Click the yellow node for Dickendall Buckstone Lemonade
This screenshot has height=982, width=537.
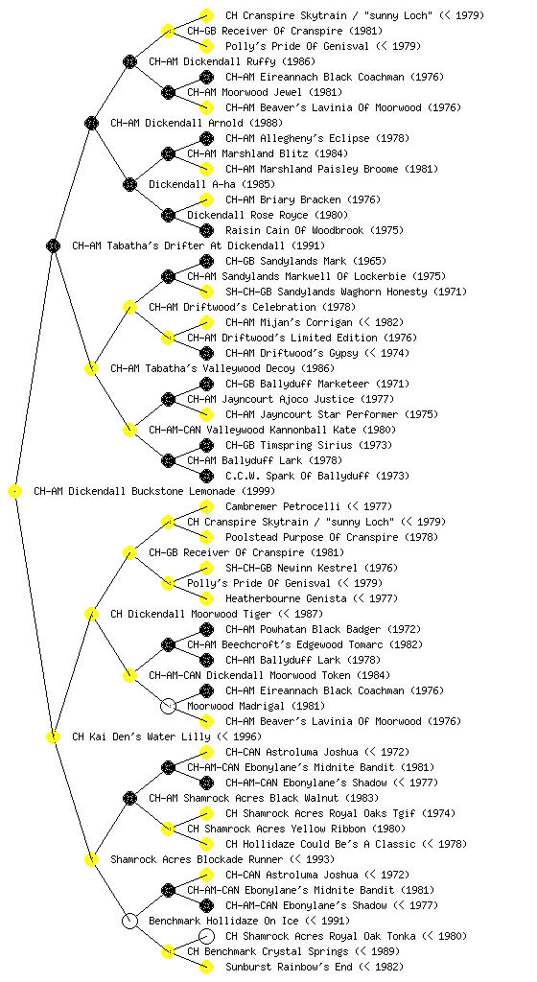(x=15, y=491)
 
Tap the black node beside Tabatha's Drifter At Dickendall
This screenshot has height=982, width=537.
(x=53, y=245)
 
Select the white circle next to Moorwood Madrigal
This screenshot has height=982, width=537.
(x=168, y=706)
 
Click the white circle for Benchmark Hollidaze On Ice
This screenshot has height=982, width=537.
(x=129, y=921)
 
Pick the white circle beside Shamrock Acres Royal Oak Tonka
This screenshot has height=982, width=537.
(x=206, y=936)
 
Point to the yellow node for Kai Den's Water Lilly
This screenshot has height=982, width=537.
(x=53, y=736)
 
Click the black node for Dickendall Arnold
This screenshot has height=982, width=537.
(x=91, y=123)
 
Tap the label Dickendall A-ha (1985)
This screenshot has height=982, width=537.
(x=212, y=184)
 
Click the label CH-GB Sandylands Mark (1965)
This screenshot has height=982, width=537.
(x=306, y=261)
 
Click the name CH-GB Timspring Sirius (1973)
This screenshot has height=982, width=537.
(x=309, y=445)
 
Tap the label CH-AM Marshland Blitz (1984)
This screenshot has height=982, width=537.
(x=268, y=153)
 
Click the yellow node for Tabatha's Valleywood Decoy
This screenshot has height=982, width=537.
(x=91, y=368)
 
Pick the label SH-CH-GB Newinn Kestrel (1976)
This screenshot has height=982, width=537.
(x=312, y=568)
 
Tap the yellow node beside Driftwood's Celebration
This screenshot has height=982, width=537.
(x=129, y=307)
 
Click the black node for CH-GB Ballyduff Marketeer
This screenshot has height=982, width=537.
(x=206, y=384)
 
